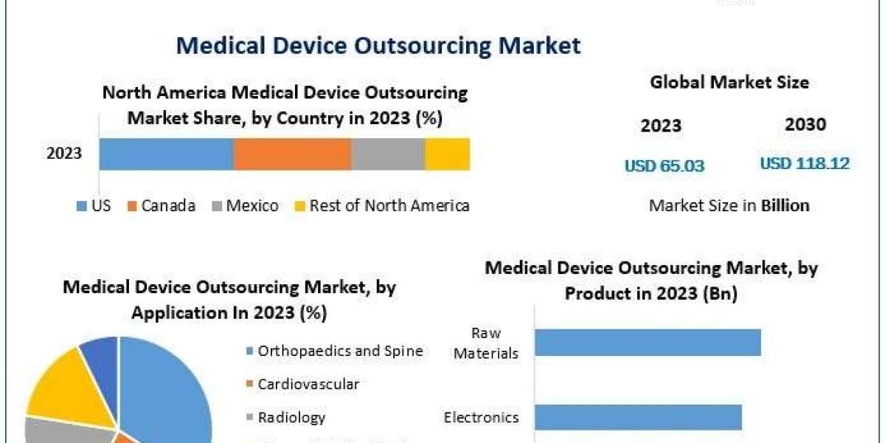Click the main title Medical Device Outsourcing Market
point(378,46)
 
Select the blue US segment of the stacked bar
point(166,154)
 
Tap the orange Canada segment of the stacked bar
point(292,154)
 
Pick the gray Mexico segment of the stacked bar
point(388,154)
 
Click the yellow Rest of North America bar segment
point(447,154)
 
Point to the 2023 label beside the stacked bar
point(64,154)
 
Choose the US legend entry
point(94,206)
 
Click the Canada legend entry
point(162,206)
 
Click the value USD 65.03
point(664,166)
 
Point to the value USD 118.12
point(805,163)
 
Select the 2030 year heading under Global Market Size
point(805,125)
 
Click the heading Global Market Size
point(729,83)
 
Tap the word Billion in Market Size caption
point(785,205)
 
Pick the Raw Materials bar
point(647,342)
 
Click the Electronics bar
point(638,417)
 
